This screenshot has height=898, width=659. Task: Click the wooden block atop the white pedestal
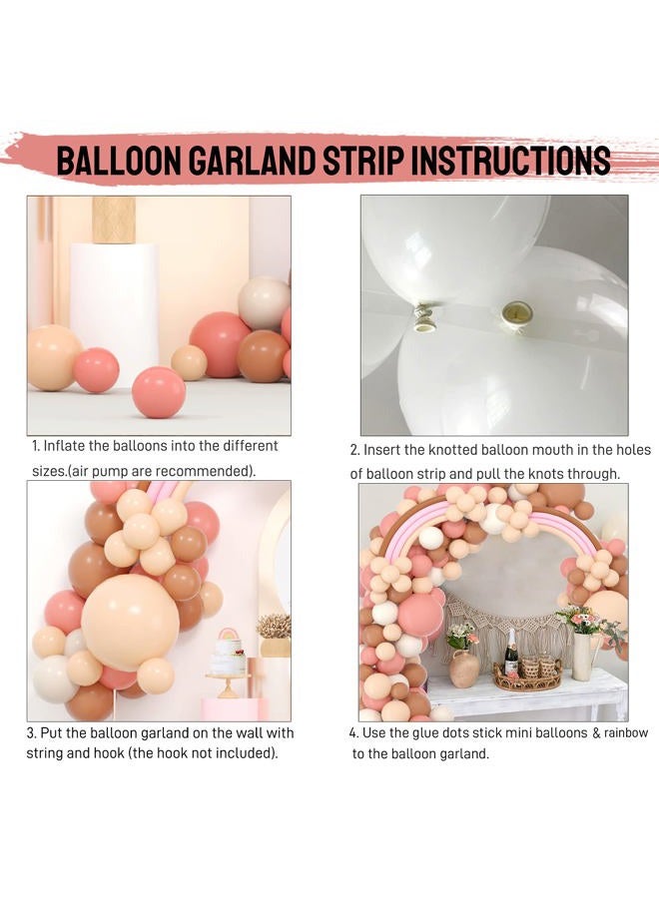pos(114,219)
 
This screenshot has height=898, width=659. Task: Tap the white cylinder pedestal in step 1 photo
pos(113,299)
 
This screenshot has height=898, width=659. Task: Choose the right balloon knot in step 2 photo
pos(517,312)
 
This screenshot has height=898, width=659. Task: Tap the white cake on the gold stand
pos(229,658)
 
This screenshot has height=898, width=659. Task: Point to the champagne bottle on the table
pos(511,655)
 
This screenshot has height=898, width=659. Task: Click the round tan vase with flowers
pos(463,668)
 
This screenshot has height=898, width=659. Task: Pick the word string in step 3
pos(45,753)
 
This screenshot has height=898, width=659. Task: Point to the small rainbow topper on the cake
pos(228,635)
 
